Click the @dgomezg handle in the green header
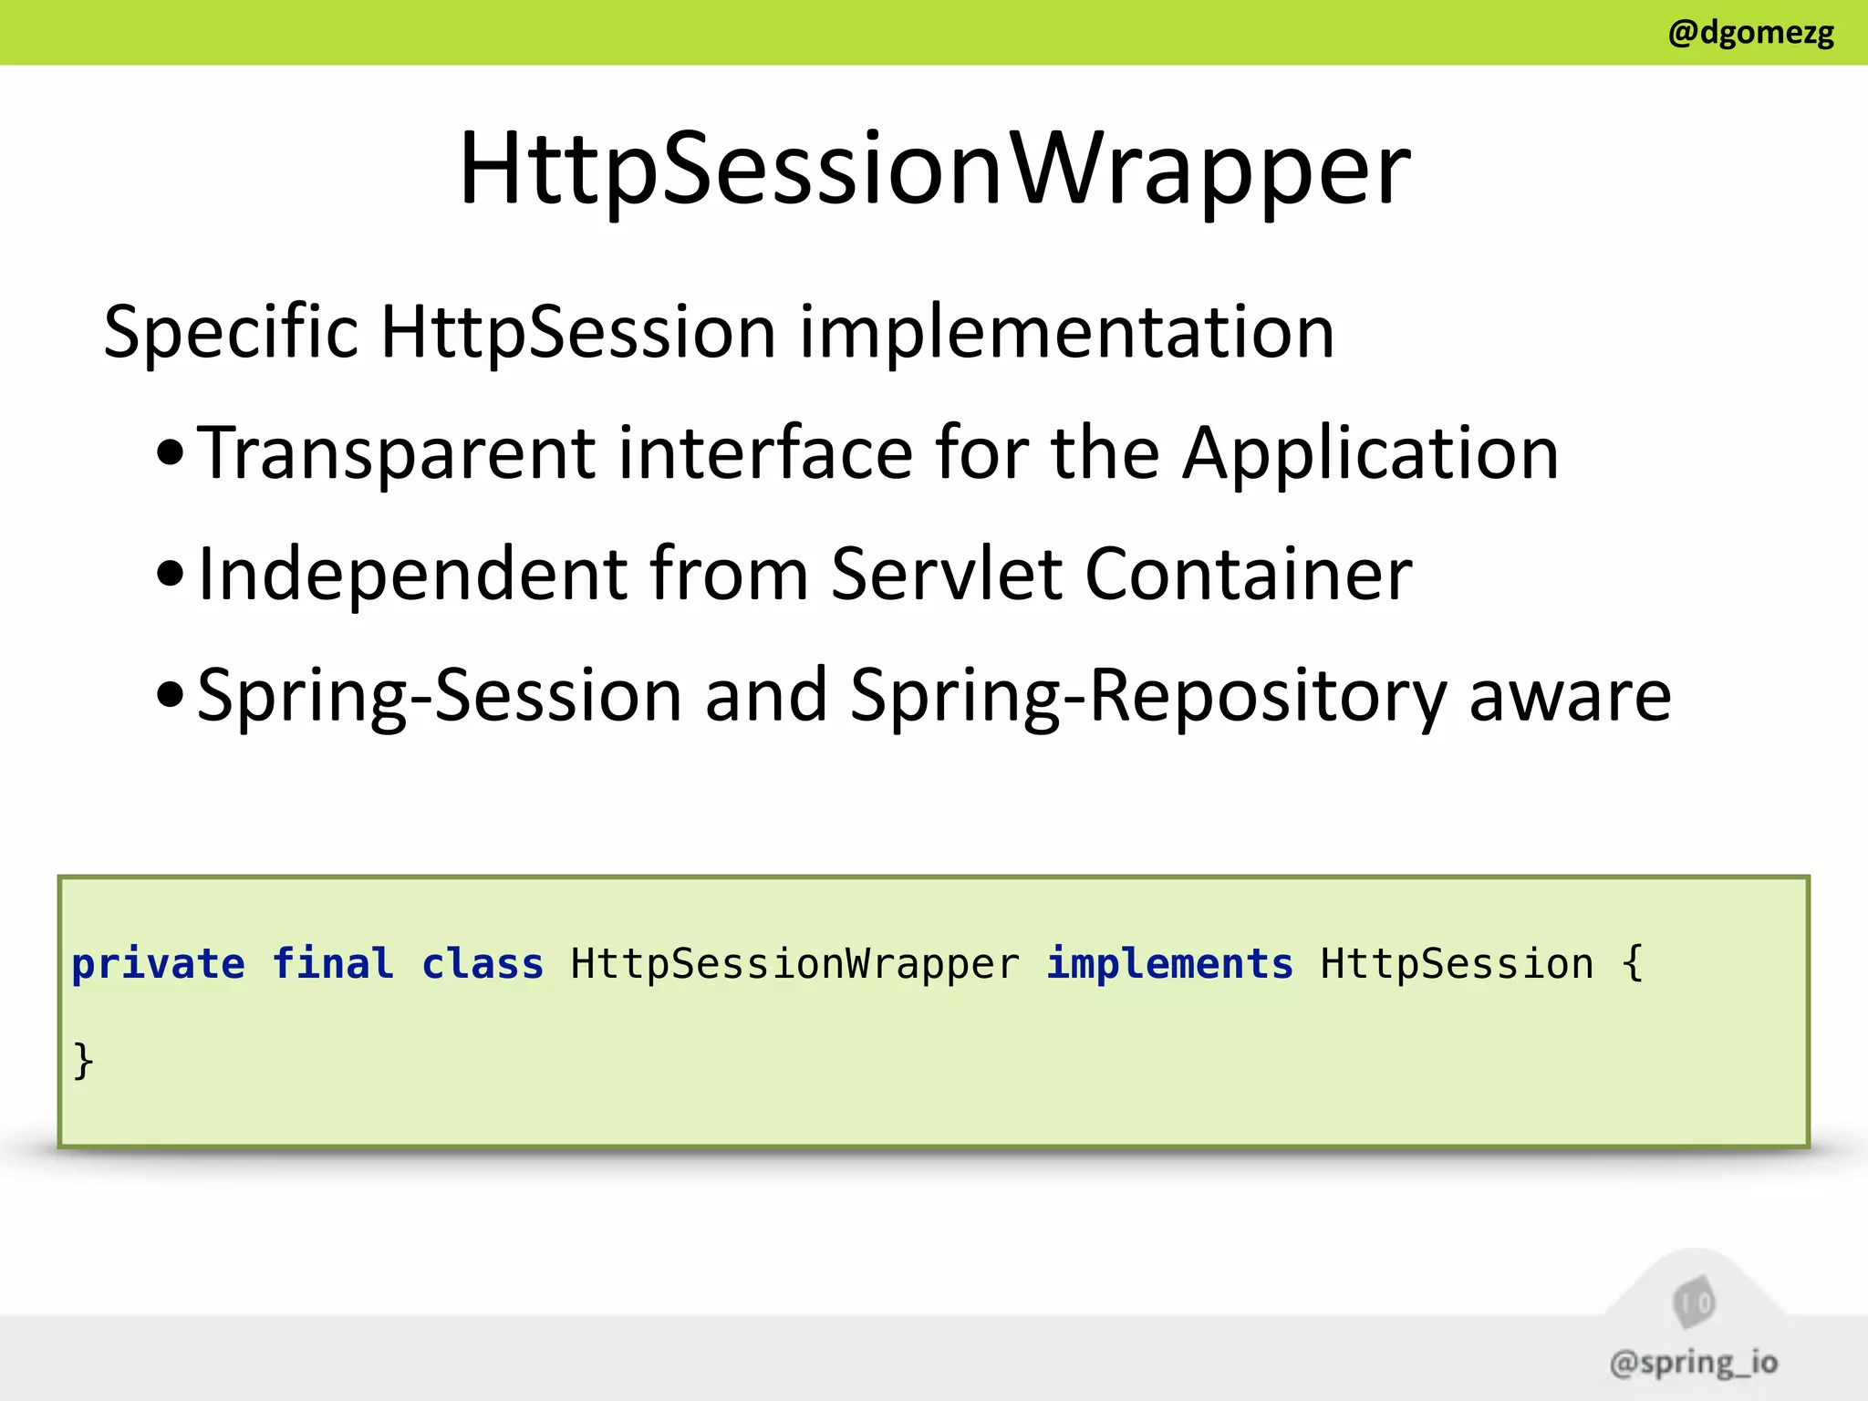[x=1750, y=33]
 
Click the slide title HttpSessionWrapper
[x=934, y=169]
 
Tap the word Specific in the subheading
[x=231, y=332]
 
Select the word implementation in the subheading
[x=1067, y=332]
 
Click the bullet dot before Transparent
[x=171, y=453]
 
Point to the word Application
[x=1370, y=453]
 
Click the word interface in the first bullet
[x=765, y=453]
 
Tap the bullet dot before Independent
[x=171, y=575]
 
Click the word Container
[x=1249, y=575]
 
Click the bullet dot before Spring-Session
[x=171, y=696]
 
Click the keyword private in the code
[x=159, y=964]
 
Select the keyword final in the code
[x=333, y=964]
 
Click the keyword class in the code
[x=483, y=964]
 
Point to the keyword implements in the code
[x=1169, y=964]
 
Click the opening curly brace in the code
[x=1633, y=964]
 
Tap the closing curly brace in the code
[x=83, y=1061]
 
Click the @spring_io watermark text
[x=1694, y=1363]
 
